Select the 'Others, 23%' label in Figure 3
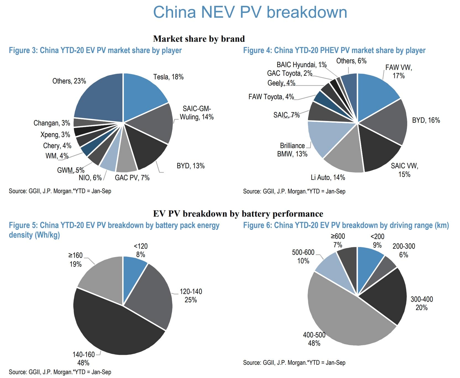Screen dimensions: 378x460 coord(69,81)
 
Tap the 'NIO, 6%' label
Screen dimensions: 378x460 coord(90,177)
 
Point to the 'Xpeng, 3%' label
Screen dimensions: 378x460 coord(55,135)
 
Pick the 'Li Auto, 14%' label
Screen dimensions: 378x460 coord(328,177)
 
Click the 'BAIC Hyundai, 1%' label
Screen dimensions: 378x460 coord(301,65)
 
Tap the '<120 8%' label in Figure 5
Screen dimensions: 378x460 coord(140,250)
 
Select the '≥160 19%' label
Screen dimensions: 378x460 coord(75,260)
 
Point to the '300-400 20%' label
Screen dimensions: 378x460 coord(422,303)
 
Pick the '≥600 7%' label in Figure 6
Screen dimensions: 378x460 coord(338,240)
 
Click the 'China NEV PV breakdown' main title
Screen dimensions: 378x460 coord(250,12)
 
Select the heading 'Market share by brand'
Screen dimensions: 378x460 coord(199,39)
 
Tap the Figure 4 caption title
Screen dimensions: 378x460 coord(334,50)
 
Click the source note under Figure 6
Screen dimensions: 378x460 coord(294,363)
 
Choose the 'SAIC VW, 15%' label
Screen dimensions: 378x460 coord(404,170)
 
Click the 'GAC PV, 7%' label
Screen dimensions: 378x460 coord(132,177)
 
